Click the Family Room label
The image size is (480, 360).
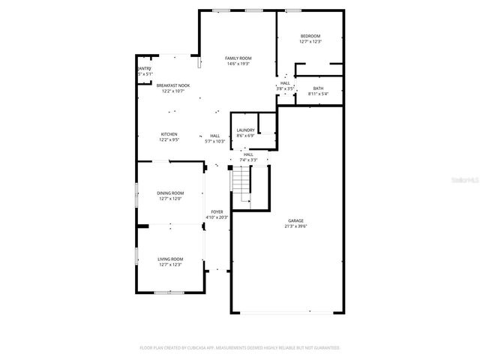pyautogui.click(x=238, y=58)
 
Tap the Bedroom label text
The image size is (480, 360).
pyautogui.click(x=310, y=36)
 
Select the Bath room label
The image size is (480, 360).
pyautogui.click(x=319, y=88)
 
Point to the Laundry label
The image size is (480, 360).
pyautogui.click(x=245, y=130)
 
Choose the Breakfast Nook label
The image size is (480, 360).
pyautogui.click(x=173, y=85)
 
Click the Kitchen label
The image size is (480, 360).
pyautogui.click(x=169, y=134)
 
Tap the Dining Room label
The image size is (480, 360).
pyautogui.click(x=170, y=193)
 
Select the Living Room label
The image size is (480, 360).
pyautogui.click(x=170, y=259)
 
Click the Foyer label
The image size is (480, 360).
pyautogui.click(x=217, y=212)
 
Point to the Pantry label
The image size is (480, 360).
pyautogui.click(x=145, y=68)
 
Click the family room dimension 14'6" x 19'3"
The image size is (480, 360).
pyautogui.click(x=238, y=64)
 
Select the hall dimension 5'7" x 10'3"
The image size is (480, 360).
pyautogui.click(x=215, y=141)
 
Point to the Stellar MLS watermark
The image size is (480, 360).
pyautogui.click(x=466, y=180)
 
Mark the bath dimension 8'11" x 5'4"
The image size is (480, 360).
pyautogui.click(x=319, y=94)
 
